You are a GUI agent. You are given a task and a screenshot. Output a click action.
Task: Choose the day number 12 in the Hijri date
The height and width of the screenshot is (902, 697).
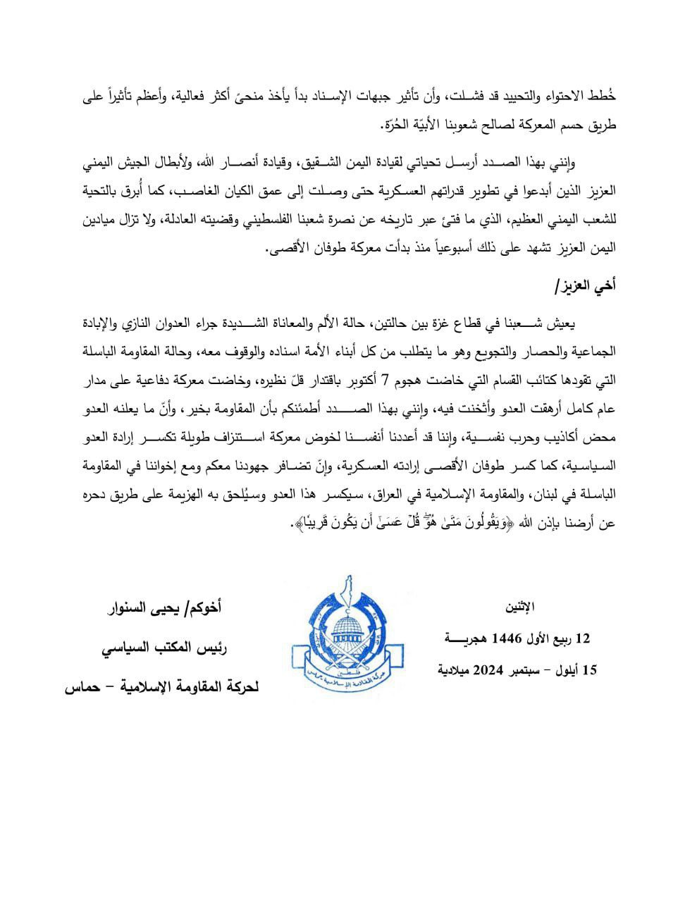(x=582, y=638)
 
